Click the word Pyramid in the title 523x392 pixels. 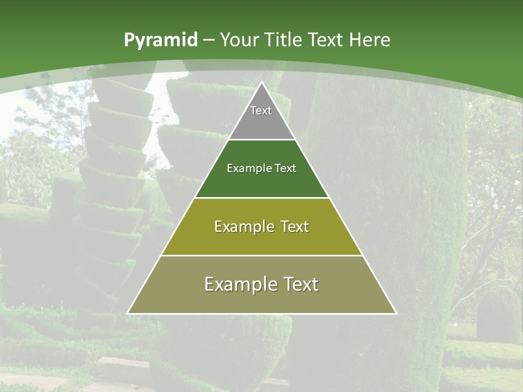[x=161, y=40]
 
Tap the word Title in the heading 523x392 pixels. [x=283, y=40]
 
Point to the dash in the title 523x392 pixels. [x=209, y=40]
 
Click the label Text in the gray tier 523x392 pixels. [x=261, y=111]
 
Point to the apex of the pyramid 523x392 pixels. [x=261, y=83]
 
